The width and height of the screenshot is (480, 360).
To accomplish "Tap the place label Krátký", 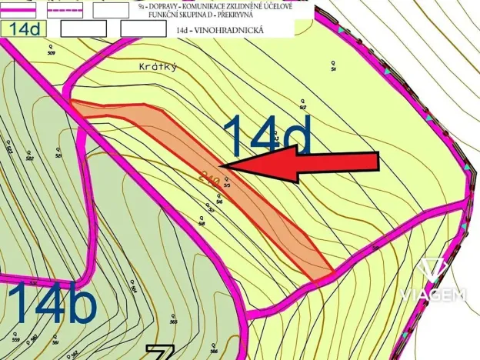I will [159, 67].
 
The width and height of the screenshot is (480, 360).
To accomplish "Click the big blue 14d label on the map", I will [268, 137].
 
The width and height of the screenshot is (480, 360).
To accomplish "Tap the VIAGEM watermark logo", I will [433, 282].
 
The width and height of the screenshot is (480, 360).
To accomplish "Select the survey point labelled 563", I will [174, 321].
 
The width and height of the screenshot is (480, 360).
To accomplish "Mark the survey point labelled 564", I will [133, 290].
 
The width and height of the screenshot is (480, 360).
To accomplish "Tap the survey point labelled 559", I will [15, 338].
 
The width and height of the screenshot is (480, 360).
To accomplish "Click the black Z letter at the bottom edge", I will [159, 353].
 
